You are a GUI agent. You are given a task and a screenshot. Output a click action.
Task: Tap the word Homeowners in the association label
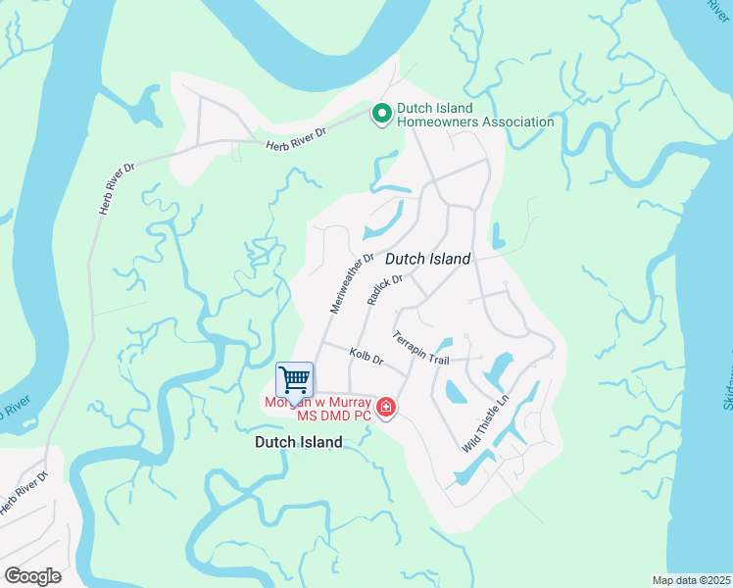click(437, 122)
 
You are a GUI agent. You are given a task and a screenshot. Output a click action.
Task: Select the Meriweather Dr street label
click(352, 283)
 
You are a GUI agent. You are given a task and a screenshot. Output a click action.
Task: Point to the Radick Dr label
click(385, 290)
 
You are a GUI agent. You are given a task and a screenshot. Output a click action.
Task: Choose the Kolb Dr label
click(366, 358)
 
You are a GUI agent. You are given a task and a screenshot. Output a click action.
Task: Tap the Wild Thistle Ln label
click(487, 424)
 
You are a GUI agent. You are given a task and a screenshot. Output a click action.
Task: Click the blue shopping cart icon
click(295, 379)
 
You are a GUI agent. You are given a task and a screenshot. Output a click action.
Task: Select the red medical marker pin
click(386, 407)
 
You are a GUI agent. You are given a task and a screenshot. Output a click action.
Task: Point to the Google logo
click(32, 576)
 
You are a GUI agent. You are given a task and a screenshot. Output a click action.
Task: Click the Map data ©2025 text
click(691, 579)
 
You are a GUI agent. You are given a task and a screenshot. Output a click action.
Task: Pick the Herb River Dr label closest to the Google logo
click(24, 496)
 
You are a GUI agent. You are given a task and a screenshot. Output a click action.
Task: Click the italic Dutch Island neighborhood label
click(427, 259)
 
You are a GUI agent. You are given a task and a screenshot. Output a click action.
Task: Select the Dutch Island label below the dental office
click(298, 442)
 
